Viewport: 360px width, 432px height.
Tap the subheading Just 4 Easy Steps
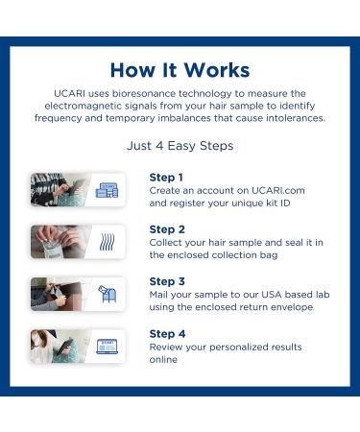pyautogui.click(x=180, y=146)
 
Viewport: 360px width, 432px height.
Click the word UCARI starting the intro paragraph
pyautogui.click(x=73, y=91)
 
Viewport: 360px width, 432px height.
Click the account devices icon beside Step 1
pyautogui.click(x=107, y=190)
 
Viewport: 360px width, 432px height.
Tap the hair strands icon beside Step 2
pyautogui.click(x=107, y=242)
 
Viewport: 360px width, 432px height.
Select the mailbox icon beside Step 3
pyautogui.click(x=107, y=294)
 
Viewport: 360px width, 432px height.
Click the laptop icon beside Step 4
pyautogui.click(x=107, y=346)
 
